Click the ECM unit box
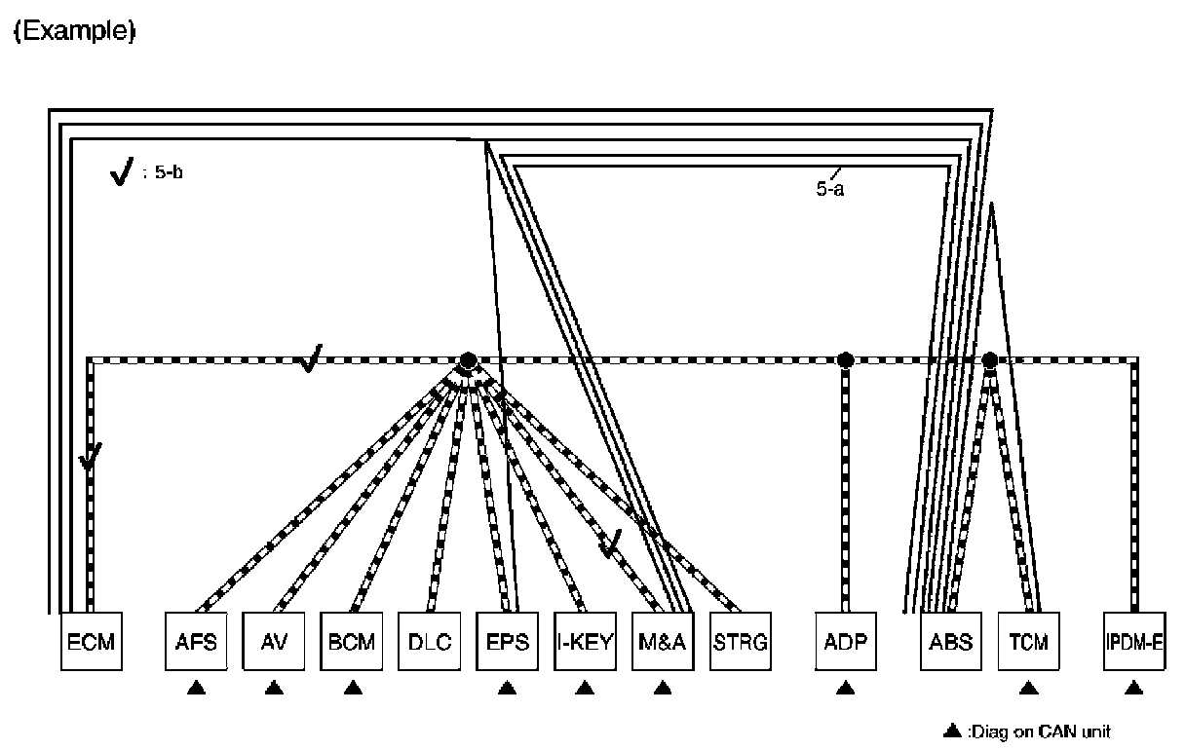click(92, 642)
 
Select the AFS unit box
click(196, 642)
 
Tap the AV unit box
click(274, 642)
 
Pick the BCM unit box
click(352, 642)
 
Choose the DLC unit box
click(430, 642)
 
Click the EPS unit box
click(507, 642)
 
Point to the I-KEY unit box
click(585, 642)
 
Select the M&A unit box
click(663, 642)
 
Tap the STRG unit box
click(741, 642)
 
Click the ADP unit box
click(845, 642)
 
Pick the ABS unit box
click(951, 642)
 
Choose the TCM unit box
click(1028, 642)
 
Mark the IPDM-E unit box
click(1133, 642)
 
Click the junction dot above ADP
click(845, 360)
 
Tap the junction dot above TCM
click(989, 360)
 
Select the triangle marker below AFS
click(196, 689)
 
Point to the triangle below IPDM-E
click(1133, 689)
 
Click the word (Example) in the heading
click(73, 31)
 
